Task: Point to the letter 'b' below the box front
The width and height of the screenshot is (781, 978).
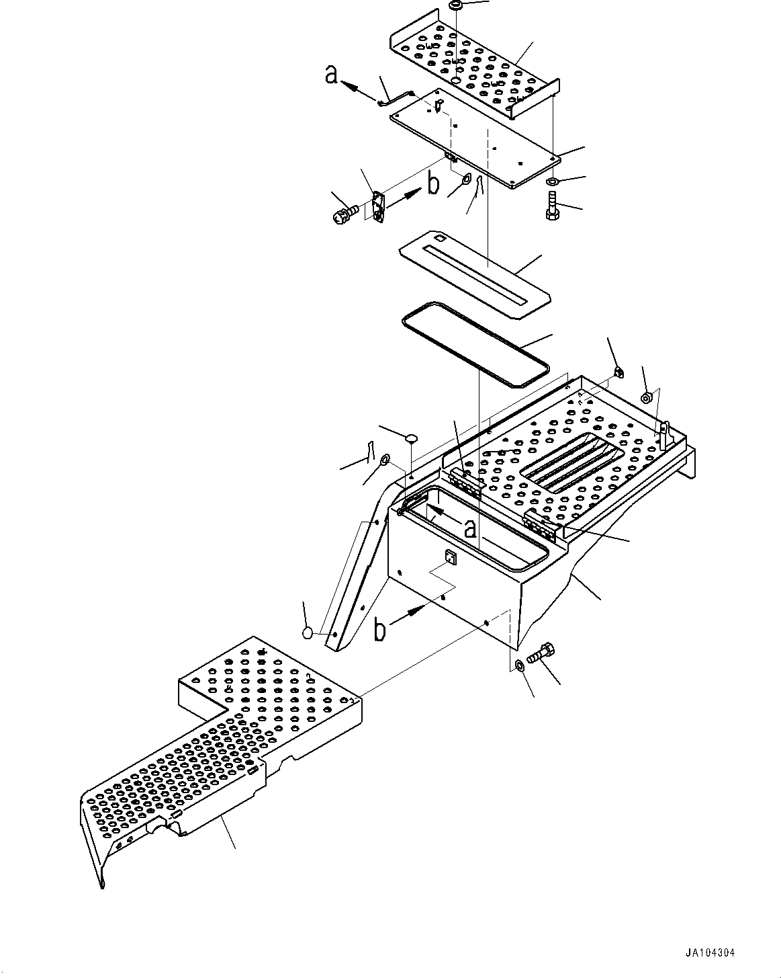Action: tap(380, 630)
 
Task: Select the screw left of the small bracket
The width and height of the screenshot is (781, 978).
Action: tap(342, 214)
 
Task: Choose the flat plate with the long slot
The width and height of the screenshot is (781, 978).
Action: tap(474, 274)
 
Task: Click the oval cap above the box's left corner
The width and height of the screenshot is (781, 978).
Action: tap(411, 438)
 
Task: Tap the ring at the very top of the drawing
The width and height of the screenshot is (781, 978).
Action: tap(455, 5)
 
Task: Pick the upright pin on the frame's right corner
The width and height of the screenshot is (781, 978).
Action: tap(664, 436)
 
